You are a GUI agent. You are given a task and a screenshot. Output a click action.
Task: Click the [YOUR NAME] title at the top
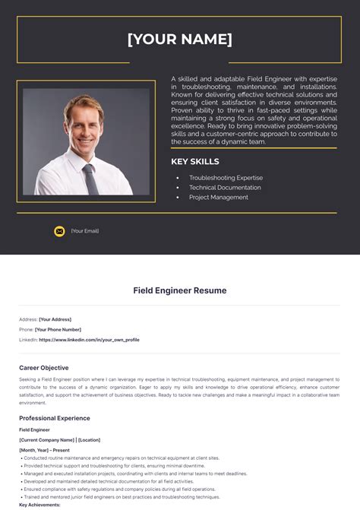pyautogui.click(x=180, y=40)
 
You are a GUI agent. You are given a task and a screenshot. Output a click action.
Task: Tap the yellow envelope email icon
pyautogui.click(x=59, y=231)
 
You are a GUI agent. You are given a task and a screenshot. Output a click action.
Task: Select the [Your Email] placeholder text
pyautogui.click(x=85, y=231)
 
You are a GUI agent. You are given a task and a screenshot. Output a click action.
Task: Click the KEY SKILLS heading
pyautogui.click(x=195, y=161)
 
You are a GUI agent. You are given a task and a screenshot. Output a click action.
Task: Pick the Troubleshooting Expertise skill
pyautogui.click(x=226, y=178)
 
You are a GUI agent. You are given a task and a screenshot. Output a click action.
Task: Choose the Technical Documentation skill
pyautogui.click(x=225, y=188)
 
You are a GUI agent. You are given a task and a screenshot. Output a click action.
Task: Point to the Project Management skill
pyautogui.click(x=219, y=198)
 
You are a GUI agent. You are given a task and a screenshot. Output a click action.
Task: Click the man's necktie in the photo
pyautogui.click(x=90, y=177)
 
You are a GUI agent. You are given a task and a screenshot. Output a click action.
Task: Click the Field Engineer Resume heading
pyautogui.click(x=180, y=290)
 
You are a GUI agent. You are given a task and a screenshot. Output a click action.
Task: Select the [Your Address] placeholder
pyautogui.click(x=55, y=319)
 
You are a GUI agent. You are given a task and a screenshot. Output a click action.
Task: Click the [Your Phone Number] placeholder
pyautogui.click(x=58, y=330)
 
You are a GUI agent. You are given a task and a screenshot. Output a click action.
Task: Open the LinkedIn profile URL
pyautogui.click(x=89, y=340)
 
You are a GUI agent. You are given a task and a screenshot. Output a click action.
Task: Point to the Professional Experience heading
pyautogui.click(x=55, y=418)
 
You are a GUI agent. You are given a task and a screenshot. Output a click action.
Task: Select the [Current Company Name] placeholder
pyautogui.click(x=46, y=440)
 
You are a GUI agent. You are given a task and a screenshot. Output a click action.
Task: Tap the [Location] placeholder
pyautogui.click(x=89, y=440)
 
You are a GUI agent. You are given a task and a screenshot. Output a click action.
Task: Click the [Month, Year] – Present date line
pyautogui.click(x=45, y=450)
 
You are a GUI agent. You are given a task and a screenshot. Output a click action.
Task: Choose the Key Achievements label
pyautogui.click(x=39, y=505)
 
